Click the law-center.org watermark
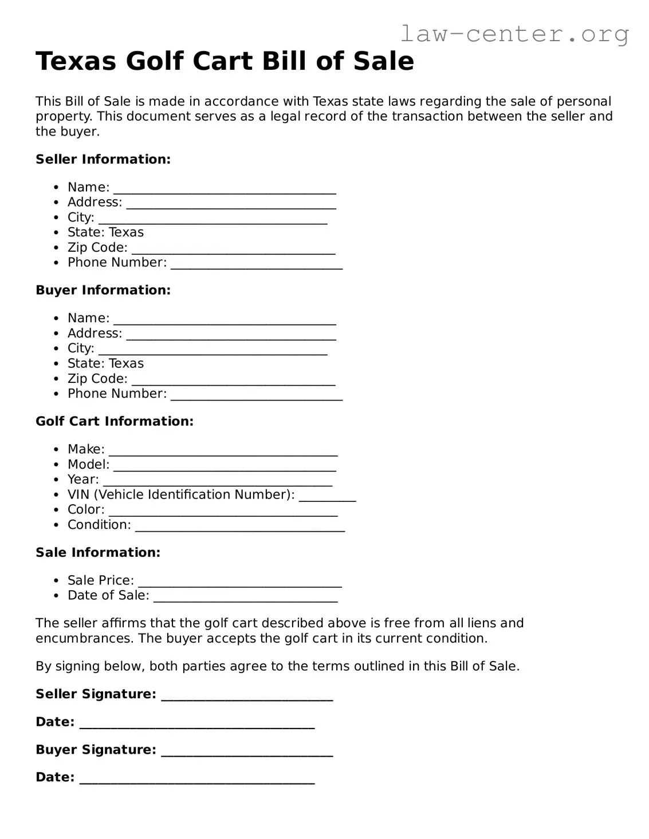coord(514,34)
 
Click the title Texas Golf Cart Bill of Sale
coord(225,61)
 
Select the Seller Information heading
coord(103,159)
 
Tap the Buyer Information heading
coord(103,290)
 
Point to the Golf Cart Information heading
coord(115,421)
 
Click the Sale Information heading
coord(98,552)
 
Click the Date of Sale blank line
coord(246,599)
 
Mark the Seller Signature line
coord(247,698)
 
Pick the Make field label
coord(86,449)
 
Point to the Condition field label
coord(99,525)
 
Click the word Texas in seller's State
coord(126,232)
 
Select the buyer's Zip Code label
coord(97,379)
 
